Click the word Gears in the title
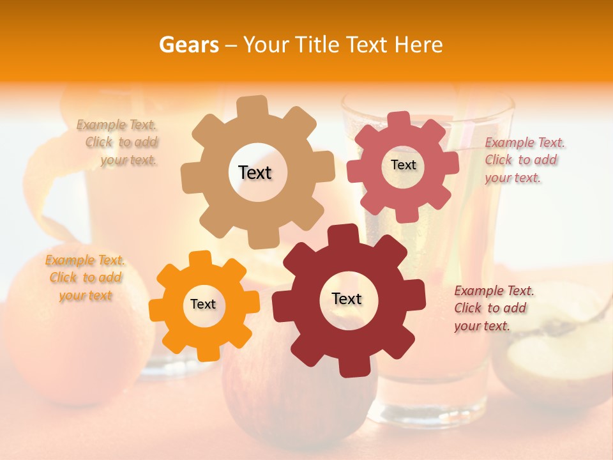coord(188,45)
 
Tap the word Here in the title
coord(419,45)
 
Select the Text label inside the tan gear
coord(255,172)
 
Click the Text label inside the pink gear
coord(403,165)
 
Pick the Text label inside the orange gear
coord(203,304)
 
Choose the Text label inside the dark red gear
coord(347,298)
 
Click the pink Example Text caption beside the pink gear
coord(524,160)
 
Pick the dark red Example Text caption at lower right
coord(493,308)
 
